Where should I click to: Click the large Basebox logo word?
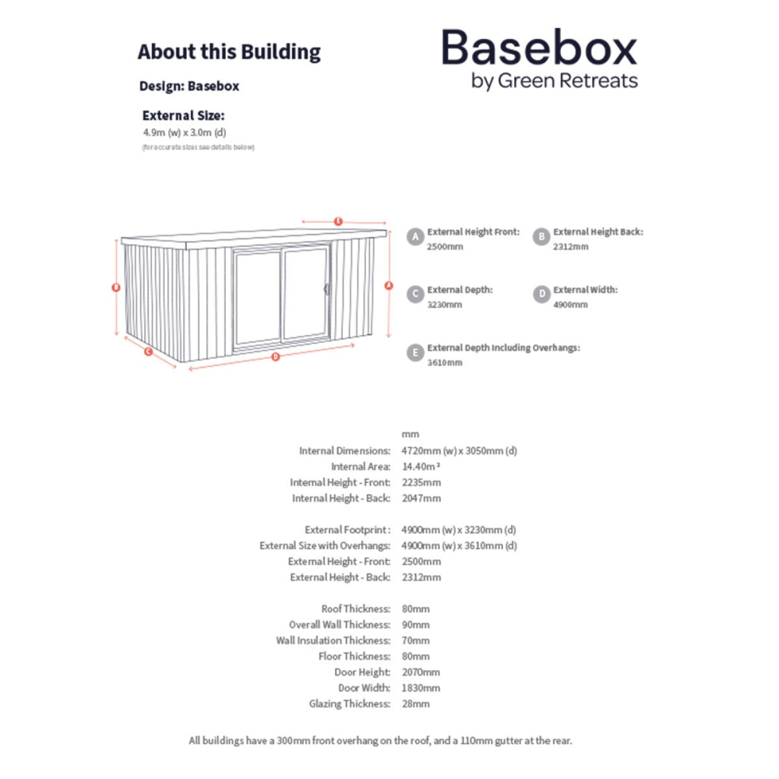coord(539,48)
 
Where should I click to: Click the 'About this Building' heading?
coord(229,52)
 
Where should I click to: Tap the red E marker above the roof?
coord(338,221)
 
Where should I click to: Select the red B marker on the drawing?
coord(116,287)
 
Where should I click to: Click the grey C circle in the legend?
coord(415,294)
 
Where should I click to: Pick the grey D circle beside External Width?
coord(541,294)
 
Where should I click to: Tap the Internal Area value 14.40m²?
coord(421,467)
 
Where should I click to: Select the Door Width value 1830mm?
coord(421,688)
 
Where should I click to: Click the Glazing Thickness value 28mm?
coord(416,703)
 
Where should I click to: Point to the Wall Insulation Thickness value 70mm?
coord(416,640)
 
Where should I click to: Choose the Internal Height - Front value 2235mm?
coord(421,482)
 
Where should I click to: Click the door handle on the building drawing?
coord(327,289)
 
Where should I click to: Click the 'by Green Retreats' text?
coord(555,80)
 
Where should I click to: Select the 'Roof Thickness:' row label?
coord(355,608)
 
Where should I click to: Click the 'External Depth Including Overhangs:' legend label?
coord(503,348)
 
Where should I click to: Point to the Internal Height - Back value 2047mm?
coord(421,498)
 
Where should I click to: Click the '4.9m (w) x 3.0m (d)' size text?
coord(184,132)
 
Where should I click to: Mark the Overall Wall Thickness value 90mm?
coord(416,625)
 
